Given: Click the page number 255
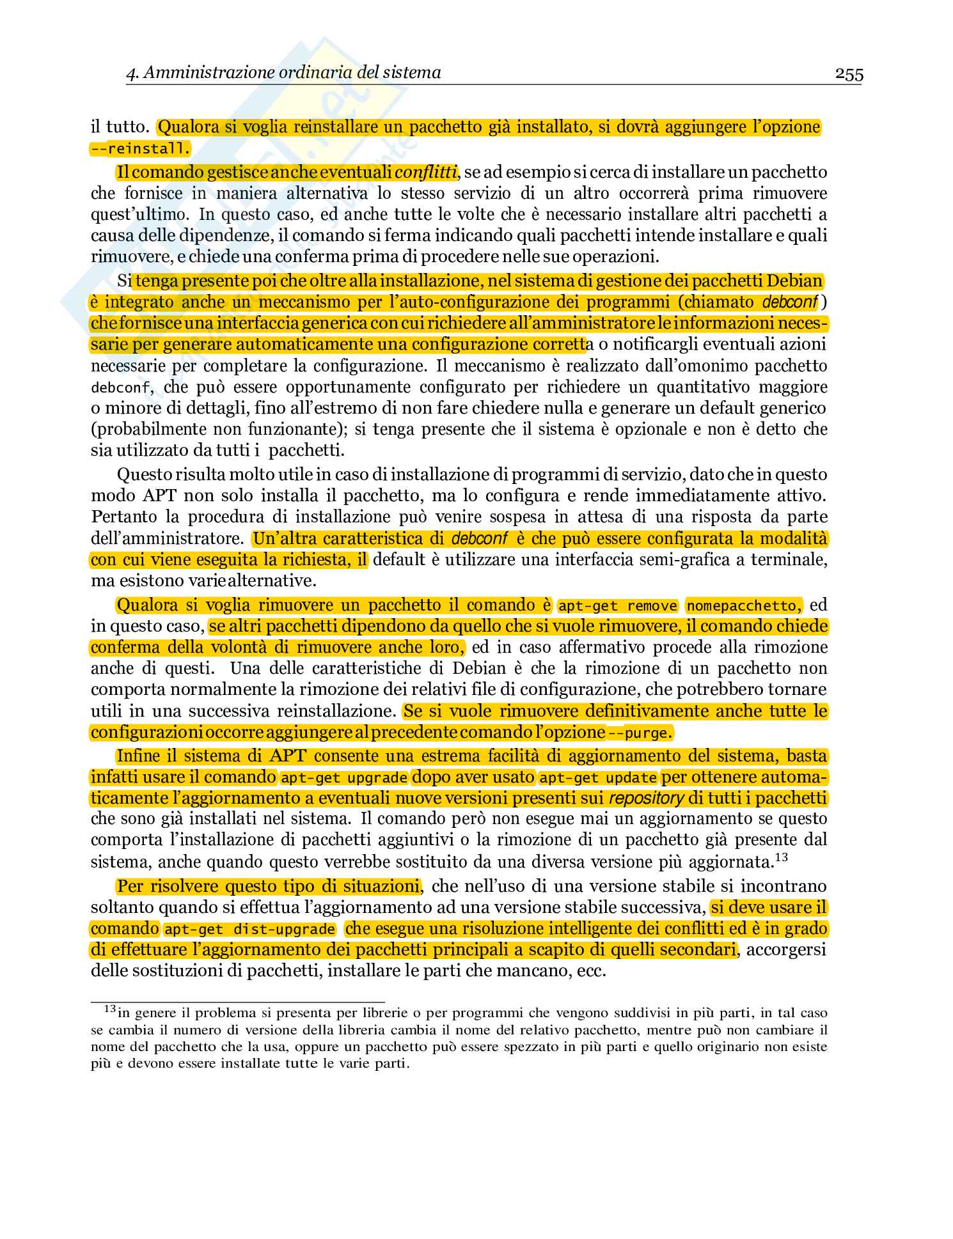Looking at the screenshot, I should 849,75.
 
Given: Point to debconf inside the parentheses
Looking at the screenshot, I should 790,301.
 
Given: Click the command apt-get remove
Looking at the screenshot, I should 618,605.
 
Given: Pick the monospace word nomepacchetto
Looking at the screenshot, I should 743,605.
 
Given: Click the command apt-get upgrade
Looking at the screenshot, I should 344,777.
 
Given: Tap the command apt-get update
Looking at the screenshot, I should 599,777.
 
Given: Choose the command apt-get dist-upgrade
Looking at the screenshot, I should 249,929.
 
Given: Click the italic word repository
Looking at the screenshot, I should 647,799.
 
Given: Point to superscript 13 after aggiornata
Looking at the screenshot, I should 781,857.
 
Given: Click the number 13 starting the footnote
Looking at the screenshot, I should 109,1009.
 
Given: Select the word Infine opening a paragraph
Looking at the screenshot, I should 138,756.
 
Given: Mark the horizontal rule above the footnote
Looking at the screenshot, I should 237,1002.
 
